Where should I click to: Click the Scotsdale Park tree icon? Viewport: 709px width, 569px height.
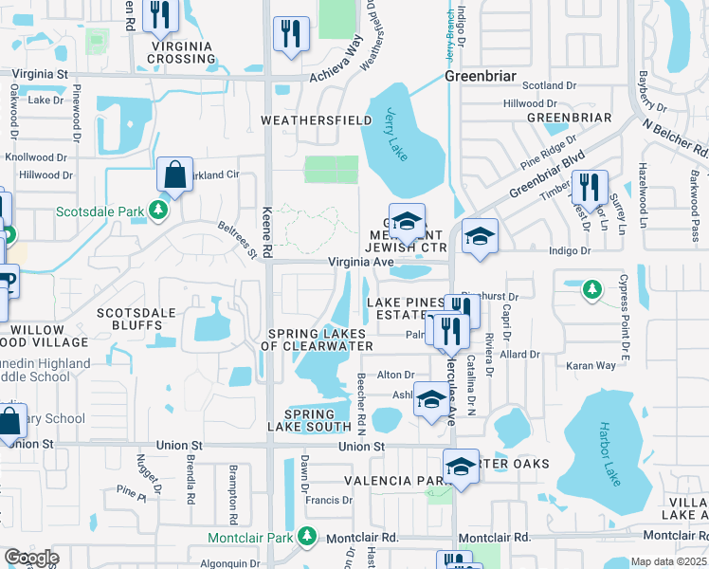[161, 211]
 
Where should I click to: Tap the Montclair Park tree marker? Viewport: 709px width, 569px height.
[306, 537]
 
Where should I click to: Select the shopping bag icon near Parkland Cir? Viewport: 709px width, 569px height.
[174, 175]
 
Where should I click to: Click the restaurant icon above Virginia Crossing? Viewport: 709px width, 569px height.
[160, 15]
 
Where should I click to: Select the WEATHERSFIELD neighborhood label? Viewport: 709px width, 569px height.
[304, 120]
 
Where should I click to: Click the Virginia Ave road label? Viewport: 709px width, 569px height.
[360, 263]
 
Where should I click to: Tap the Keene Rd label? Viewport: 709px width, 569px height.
[268, 230]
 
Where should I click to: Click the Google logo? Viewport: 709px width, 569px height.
[31, 557]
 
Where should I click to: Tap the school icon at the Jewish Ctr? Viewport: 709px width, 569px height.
[407, 222]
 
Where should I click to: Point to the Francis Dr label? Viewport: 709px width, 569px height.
[329, 500]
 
